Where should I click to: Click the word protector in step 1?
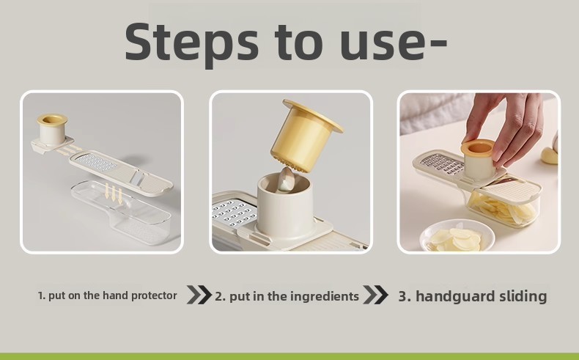pyautogui.click(x=154, y=295)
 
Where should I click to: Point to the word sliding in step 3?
pyautogui.click(x=523, y=296)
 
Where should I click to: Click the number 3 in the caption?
pyautogui.click(x=403, y=296)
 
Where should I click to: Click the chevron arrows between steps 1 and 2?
pyautogui.click(x=199, y=295)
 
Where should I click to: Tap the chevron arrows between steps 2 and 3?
pyautogui.click(x=375, y=295)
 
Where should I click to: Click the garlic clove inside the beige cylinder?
pyautogui.click(x=286, y=179)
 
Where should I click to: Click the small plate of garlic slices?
pyautogui.click(x=457, y=235)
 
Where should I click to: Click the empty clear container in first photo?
pyautogui.click(x=122, y=210)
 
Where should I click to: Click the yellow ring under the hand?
pyautogui.click(x=477, y=148)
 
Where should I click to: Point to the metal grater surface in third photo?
pyautogui.click(x=442, y=165)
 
